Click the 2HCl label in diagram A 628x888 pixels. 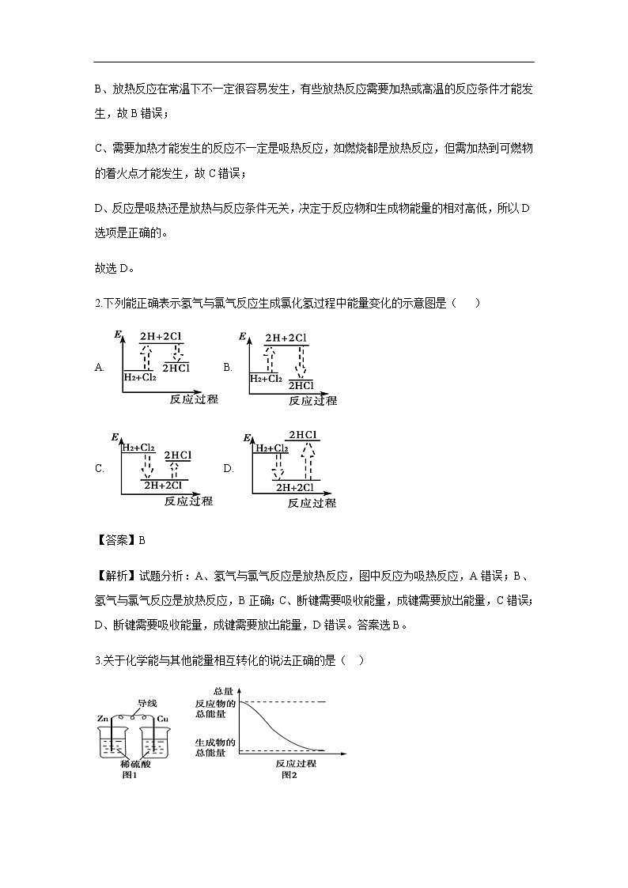[x=176, y=368]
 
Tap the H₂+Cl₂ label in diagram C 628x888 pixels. [x=138, y=448]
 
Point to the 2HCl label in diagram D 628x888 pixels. [x=303, y=435]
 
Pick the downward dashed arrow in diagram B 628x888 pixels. [x=300, y=361]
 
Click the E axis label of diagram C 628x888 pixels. [x=115, y=437]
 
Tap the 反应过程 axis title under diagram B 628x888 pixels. [x=312, y=401]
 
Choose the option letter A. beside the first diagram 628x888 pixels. [x=100, y=367]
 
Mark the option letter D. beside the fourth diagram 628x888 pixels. [x=229, y=468]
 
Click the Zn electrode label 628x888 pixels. [x=103, y=718]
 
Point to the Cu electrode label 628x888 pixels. [x=162, y=718]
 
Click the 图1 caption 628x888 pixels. [x=131, y=775]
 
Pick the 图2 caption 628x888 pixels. [x=289, y=775]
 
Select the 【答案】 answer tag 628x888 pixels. [x=115, y=541]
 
